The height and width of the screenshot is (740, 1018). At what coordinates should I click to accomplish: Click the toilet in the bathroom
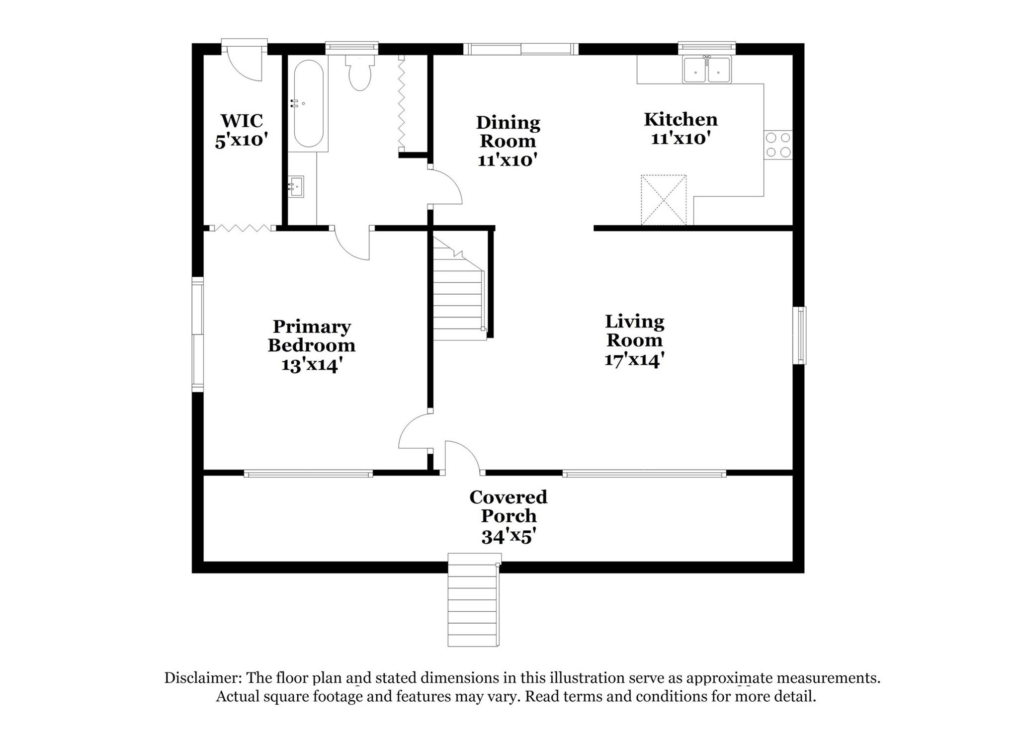360,74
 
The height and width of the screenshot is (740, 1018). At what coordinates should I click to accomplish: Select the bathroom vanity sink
296,186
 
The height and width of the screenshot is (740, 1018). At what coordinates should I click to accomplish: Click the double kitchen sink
707,70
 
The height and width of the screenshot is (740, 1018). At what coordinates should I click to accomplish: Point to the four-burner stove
778,145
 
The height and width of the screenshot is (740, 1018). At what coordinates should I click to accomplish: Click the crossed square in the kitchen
664,200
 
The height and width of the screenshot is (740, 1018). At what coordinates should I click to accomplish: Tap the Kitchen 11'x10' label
680,128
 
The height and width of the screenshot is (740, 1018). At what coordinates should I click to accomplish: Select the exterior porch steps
473,604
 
